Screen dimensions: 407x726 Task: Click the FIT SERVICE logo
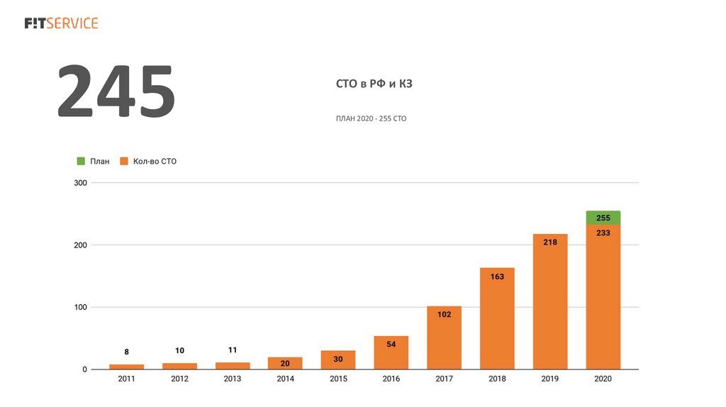[61, 23]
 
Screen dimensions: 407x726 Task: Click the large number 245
[116, 92]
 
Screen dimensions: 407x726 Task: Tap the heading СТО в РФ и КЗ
[374, 84]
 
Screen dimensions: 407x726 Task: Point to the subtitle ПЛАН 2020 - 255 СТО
[371, 118]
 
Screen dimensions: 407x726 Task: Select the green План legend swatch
[81, 162]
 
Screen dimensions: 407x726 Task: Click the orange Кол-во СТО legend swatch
[123, 162]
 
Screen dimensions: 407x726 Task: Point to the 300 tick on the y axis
[79, 183]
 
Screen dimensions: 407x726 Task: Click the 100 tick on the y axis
[79, 307]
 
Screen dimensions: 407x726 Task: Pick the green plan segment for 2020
[603, 218]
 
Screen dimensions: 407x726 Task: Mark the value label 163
[497, 277]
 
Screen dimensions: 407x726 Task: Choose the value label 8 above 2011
[127, 352]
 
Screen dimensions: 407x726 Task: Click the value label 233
[603, 233]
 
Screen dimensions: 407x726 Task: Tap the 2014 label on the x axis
[285, 379]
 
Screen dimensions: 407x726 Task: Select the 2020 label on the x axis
[603, 379]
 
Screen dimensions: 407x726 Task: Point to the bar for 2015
[338, 360]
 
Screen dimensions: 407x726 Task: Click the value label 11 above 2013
[233, 350]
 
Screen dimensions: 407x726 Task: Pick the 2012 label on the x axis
[179, 379]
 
